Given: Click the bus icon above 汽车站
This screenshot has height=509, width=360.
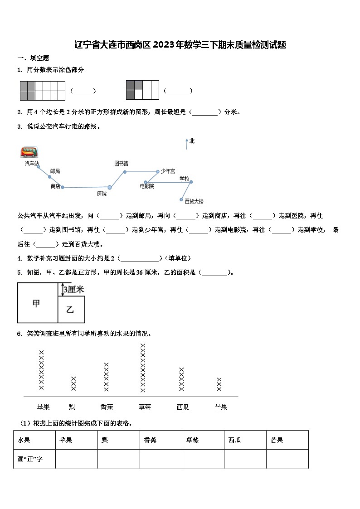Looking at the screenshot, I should coord(29,152).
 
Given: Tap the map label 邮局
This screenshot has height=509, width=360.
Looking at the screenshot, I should coord(55,171).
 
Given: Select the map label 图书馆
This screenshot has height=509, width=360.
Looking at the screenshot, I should coord(121,163).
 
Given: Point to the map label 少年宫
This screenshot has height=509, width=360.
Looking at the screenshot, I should coord(168,171).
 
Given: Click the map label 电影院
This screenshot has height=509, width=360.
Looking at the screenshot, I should coord(146,186).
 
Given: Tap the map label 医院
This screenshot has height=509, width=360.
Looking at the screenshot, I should coord(102,194).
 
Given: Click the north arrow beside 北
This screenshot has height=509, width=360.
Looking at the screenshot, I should coord(186,144).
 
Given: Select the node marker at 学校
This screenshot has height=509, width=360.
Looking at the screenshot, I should coord(191,182).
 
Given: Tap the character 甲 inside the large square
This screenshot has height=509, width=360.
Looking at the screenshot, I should coord(36,304).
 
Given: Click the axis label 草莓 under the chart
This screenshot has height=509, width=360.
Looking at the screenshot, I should coord(145,407).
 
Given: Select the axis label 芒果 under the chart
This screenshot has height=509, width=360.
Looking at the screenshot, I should coord(221,407).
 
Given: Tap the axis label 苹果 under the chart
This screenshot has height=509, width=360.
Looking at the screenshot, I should coord(43,407).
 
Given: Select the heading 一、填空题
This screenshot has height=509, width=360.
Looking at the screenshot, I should coord(33,58).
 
